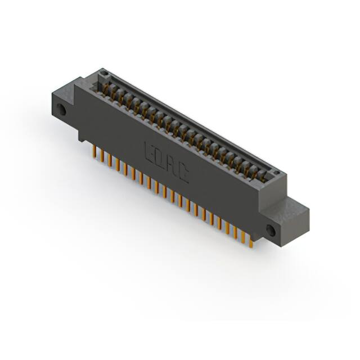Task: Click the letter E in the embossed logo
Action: coord(150,152)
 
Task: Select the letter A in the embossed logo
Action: coord(172,166)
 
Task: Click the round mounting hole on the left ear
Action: coord(62,110)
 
